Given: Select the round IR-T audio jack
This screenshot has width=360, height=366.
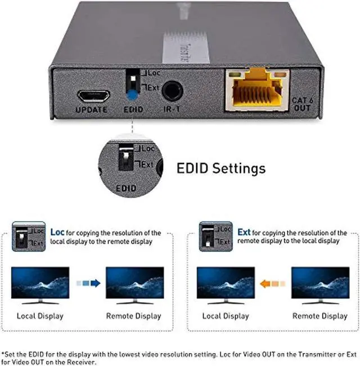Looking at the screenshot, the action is coord(171,92).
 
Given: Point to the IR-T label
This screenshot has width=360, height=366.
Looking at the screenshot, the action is coord(172,110).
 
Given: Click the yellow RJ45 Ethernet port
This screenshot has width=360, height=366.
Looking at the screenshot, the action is coord(256,89).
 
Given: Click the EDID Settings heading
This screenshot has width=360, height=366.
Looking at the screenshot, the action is coord(221,168).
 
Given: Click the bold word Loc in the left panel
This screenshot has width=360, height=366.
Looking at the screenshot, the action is coord(57,232).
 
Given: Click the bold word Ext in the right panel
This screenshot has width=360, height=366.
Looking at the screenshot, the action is coord(244,232).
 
